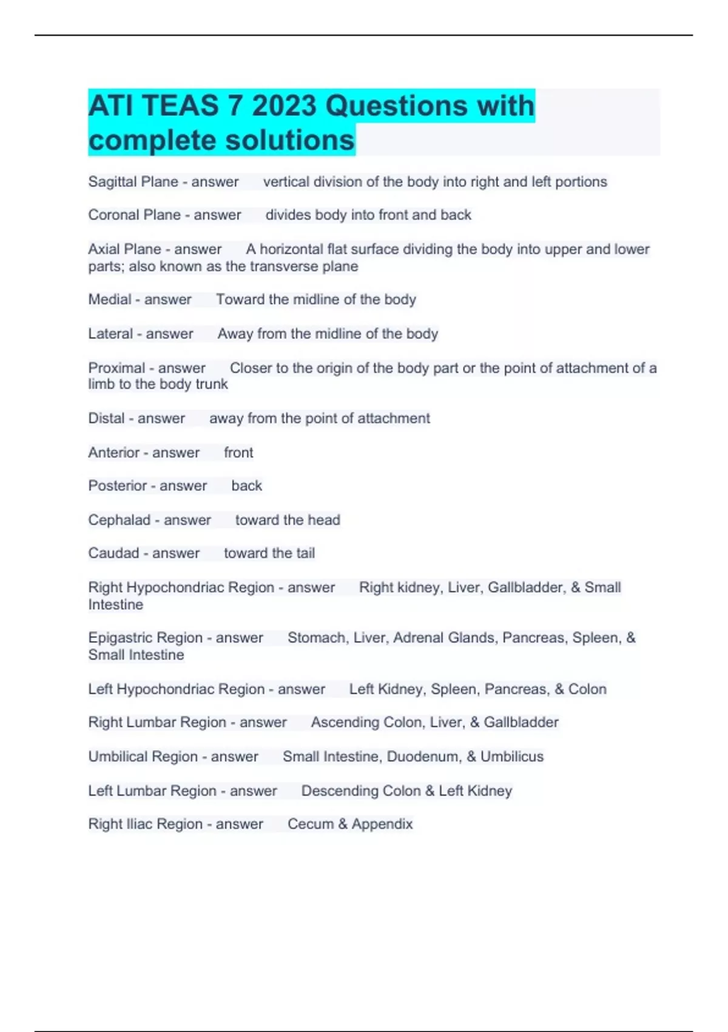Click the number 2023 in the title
pos(284,106)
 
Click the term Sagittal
pos(112,182)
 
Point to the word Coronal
pos(112,215)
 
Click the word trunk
pos(211,384)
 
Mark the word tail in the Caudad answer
pos(305,553)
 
